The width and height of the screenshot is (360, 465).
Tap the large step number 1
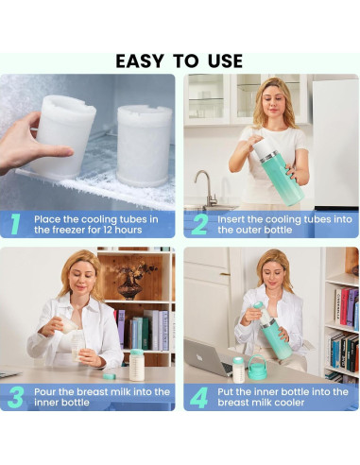pos(15,224)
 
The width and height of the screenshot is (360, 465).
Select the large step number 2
pos(199,224)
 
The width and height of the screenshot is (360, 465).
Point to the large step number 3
pos(16,397)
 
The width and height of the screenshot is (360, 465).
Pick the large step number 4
pos(199,397)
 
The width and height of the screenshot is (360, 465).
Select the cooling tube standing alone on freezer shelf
pos(145,146)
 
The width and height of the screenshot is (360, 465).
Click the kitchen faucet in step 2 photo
pos(207,189)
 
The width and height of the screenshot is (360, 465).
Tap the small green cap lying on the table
pos(110,376)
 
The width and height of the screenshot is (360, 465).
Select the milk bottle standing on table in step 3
pos(137,365)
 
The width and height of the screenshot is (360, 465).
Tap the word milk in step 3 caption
pos(120,392)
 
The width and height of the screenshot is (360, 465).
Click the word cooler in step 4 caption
pos(289,403)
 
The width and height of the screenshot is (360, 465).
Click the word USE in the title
pos(225,60)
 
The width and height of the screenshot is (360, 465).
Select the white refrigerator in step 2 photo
pos(335,144)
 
